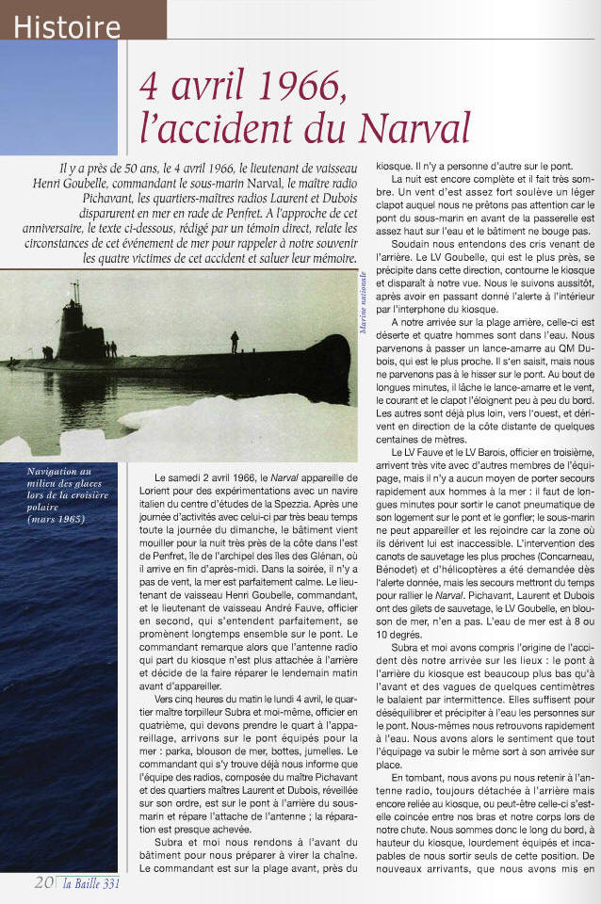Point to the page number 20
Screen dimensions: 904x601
[43, 882]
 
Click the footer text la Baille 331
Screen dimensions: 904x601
[93, 883]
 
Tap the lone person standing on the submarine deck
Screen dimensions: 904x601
[235, 341]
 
